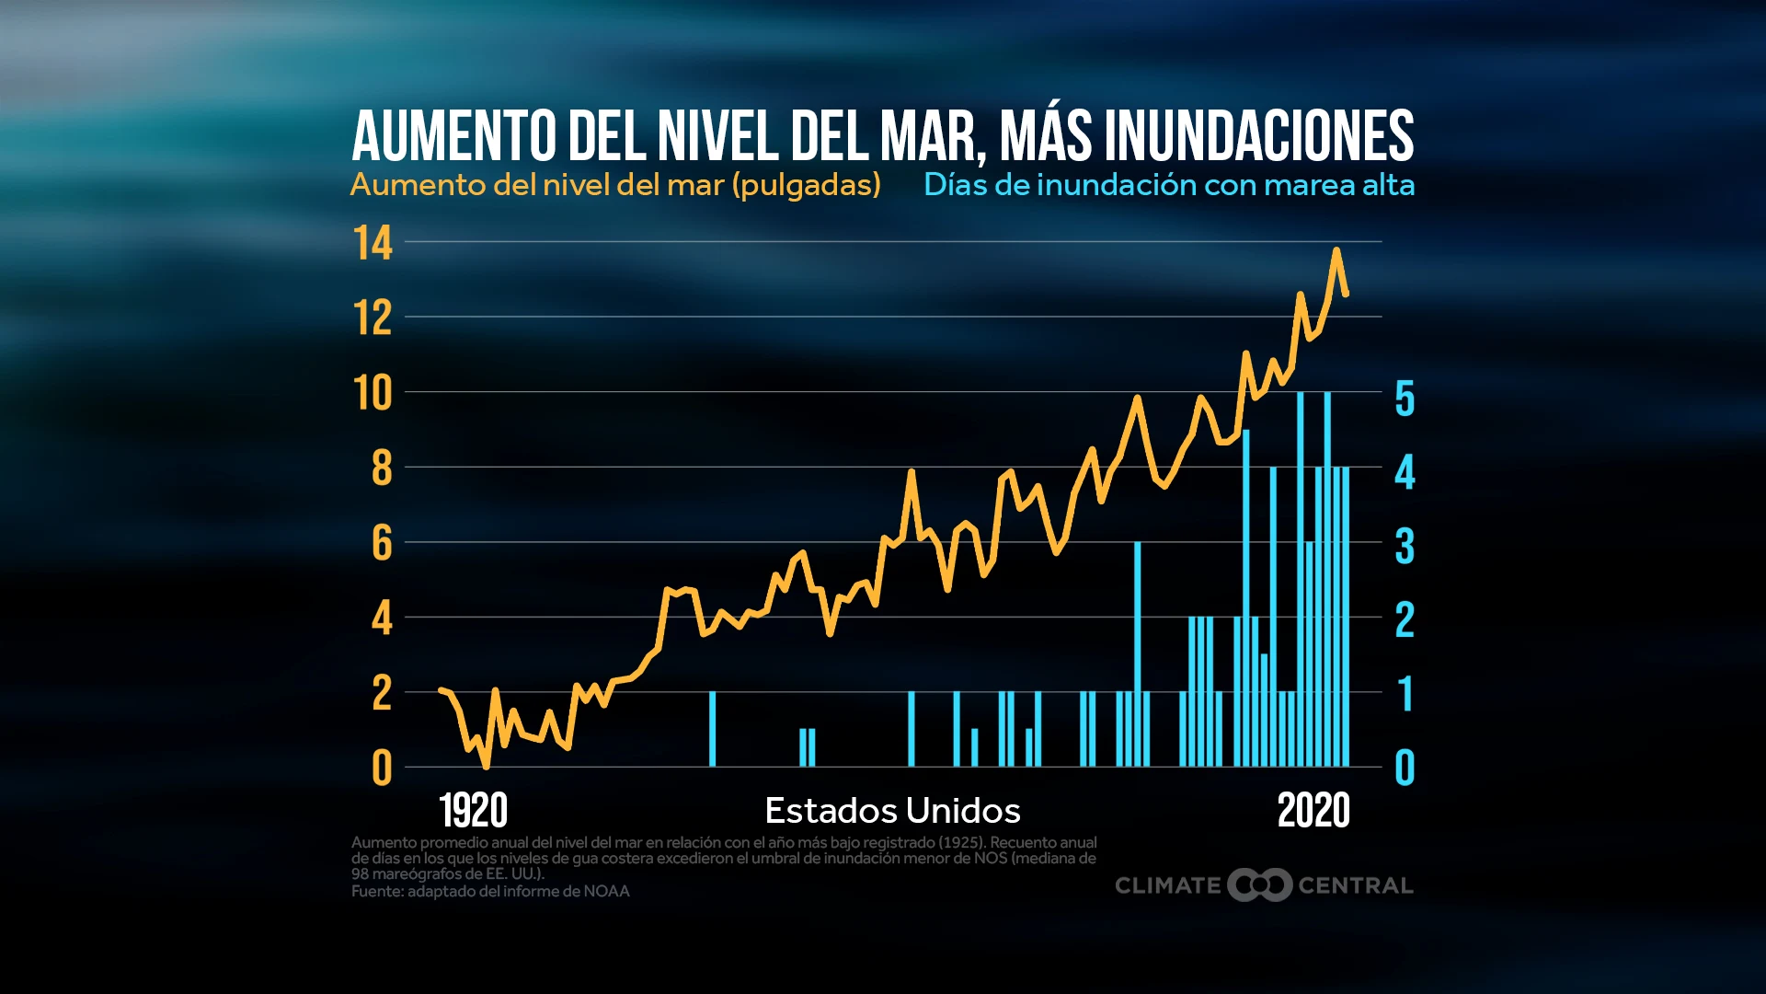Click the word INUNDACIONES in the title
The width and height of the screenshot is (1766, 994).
click(1258, 136)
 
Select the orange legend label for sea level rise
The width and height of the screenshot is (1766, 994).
click(615, 185)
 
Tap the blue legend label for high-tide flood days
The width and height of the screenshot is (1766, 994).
click(1168, 185)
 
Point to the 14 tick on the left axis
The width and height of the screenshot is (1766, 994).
click(373, 244)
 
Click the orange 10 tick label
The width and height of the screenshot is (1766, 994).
click(373, 394)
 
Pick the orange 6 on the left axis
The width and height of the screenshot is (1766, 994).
click(382, 544)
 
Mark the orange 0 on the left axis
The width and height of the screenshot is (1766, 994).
click(382, 769)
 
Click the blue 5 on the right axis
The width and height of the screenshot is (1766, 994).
click(1405, 399)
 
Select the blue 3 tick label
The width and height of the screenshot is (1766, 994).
click(1405, 547)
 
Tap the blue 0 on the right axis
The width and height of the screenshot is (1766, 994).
click(1405, 769)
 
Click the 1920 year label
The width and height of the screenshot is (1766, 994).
click(473, 811)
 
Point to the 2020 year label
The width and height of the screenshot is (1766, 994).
click(1313, 811)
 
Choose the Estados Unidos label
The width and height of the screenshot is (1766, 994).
click(892, 811)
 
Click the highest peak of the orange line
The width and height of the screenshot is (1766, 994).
click(1336, 250)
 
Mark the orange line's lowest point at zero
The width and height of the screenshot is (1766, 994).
click(486, 766)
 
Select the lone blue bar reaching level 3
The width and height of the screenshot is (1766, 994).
click(1137, 653)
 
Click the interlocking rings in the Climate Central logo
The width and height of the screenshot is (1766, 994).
click(1259, 885)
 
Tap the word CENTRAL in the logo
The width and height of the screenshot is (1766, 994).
click(1355, 885)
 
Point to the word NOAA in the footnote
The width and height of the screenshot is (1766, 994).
click(606, 891)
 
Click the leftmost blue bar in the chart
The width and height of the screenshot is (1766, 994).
click(712, 729)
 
